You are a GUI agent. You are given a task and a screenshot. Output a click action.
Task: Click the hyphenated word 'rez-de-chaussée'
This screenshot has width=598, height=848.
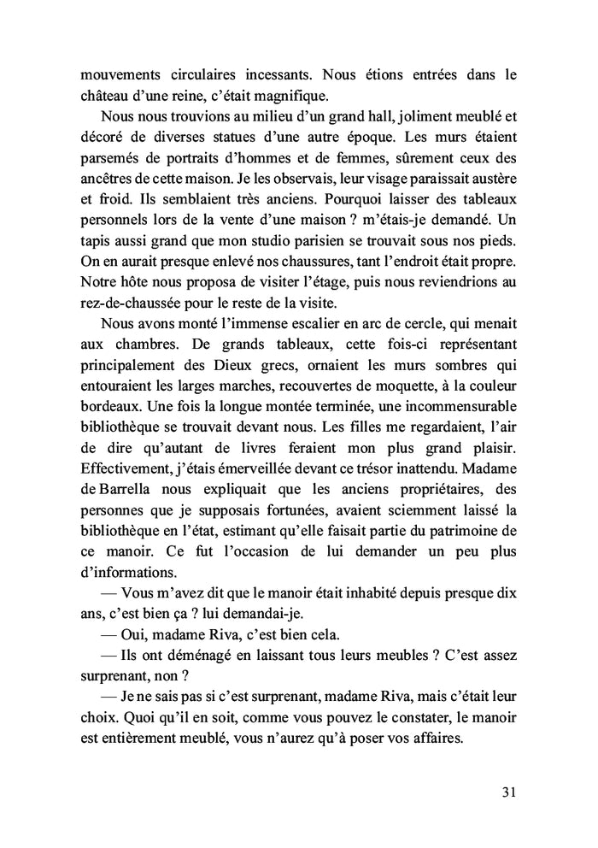pos(133,303)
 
